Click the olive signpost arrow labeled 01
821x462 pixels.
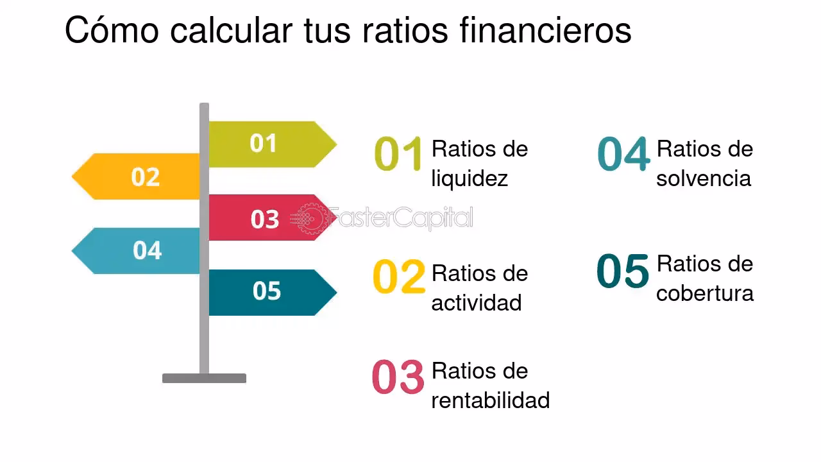click(x=269, y=144)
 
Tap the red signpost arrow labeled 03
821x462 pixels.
click(x=269, y=218)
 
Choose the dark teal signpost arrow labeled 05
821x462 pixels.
click(x=269, y=292)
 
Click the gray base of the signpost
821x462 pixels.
click(x=204, y=379)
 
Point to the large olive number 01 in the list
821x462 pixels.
click(x=398, y=155)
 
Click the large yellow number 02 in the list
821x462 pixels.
click(x=398, y=277)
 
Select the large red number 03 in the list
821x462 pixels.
click(x=398, y=377)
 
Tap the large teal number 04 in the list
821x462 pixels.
click(x=623, y=155)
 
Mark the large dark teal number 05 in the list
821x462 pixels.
click(x=623, y=271)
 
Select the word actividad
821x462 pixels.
click(x=477, y=302)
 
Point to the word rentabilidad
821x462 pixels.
click(x=491, y=400)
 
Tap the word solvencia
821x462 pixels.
click(x=704, y=178)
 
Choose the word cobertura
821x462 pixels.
click(x=705, y=293)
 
